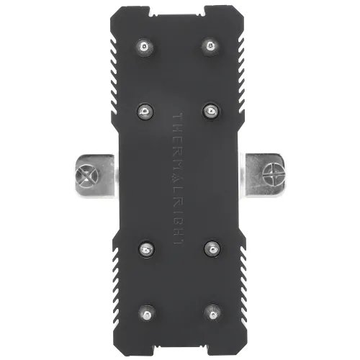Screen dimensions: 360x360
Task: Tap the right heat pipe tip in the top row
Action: click(210, 46)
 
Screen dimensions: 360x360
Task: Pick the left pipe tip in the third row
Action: click(145, 249)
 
